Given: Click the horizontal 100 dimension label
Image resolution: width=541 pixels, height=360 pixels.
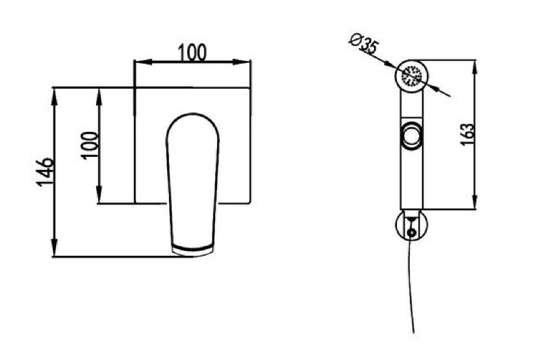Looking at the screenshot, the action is tap(192, 53).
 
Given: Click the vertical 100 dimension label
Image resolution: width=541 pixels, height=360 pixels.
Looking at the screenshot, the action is tap(91, 145).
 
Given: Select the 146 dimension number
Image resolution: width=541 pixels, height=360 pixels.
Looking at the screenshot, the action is tap(45, 173).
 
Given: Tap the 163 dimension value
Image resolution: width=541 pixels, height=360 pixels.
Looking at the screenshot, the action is tap(467, 134).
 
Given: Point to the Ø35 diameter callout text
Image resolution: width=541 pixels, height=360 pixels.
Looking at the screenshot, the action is tap(364, 43).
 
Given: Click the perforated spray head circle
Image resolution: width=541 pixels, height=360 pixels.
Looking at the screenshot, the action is tap(412, 76).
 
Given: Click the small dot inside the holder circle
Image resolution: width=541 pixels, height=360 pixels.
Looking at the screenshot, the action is tap(411, 232).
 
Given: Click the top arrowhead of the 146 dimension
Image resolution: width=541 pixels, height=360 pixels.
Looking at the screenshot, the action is tap(54, 97).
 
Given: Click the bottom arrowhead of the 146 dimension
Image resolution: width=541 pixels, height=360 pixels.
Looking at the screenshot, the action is tap(54, 248).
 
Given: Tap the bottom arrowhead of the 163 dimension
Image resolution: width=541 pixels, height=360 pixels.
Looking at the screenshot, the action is tap(475, 201).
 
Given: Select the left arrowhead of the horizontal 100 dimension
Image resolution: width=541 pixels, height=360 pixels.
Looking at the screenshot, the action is tap(143, 62).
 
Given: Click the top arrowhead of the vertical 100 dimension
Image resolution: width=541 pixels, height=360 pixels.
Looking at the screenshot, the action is tap(99, 97).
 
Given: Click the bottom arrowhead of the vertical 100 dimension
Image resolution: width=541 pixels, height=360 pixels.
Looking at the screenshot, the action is tap(99, 195).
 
